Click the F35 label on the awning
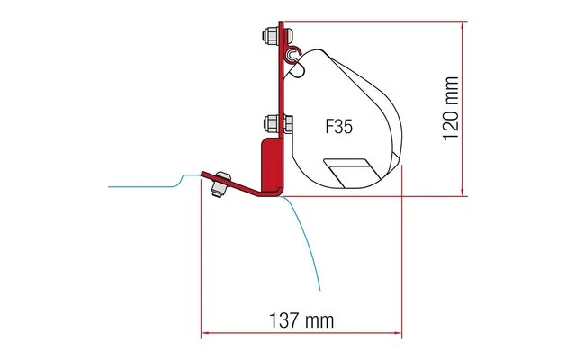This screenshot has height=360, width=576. point(338,127)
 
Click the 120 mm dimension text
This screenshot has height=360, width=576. point(453,106)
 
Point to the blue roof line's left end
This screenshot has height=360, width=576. point(109,186)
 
